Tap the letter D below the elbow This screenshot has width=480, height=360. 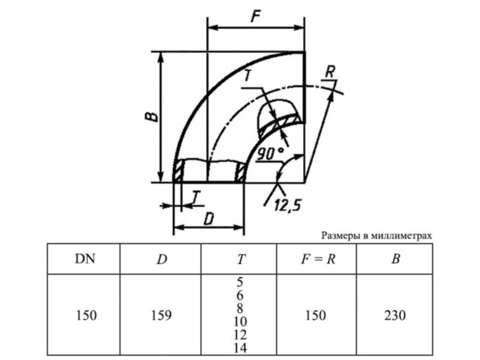(x=208, y=218)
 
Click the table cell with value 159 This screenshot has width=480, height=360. (x=160, y=315)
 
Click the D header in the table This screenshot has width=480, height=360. (x=160, y=259)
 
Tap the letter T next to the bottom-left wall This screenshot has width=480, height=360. (x=196, y=197)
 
